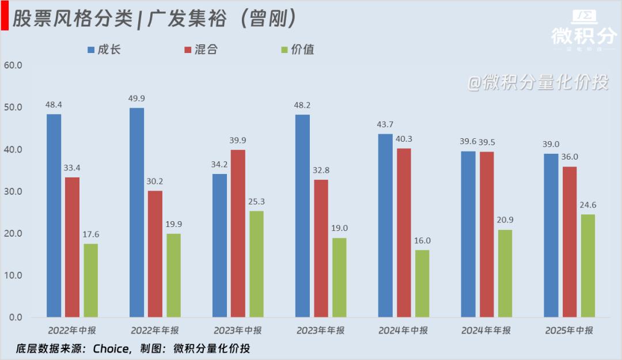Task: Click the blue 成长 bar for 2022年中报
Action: pos(54,215)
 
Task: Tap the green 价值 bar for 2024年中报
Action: pos(422,283)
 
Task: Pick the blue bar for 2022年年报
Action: pos(136,213)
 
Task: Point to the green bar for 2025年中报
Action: pos(588,266)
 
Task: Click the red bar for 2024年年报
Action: pos(487,234)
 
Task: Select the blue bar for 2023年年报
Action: pos(302,216)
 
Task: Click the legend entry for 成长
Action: pos(104,50)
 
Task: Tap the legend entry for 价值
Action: pos(297,50)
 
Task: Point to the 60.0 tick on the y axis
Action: pos(12,65)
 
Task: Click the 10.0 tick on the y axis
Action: pos(12,275)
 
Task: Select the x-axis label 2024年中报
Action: pos(403,331)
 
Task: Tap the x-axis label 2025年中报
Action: pos(568,331)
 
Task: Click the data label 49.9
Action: pos(136,98)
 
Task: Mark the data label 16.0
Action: pos(422,241)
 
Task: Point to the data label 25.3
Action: pos(256,202)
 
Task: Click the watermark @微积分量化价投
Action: pos(538,83)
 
